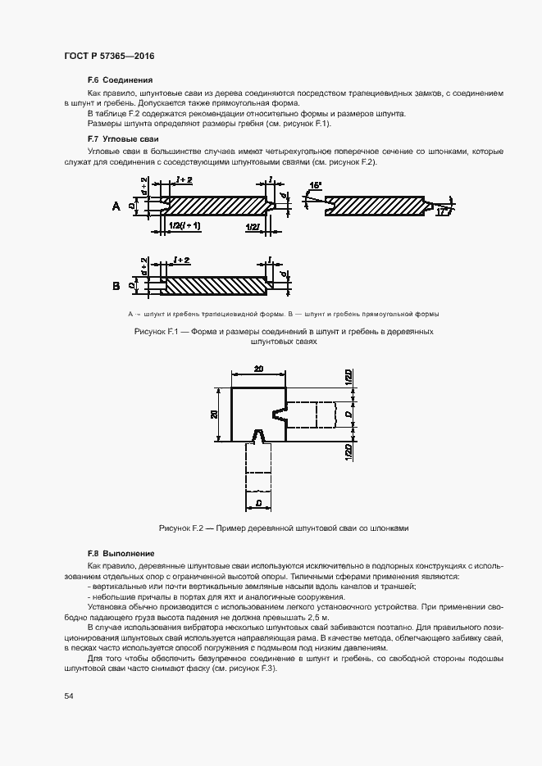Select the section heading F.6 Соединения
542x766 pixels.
point(120,81)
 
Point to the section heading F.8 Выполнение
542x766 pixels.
point(121,554)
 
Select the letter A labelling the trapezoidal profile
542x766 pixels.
point(116,207)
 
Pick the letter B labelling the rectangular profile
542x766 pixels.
point(116,286)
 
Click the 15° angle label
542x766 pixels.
point(316,185)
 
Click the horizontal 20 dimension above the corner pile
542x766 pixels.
point(258,370)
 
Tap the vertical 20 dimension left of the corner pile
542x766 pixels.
point(214,415)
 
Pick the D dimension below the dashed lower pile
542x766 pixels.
point(258,502)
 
